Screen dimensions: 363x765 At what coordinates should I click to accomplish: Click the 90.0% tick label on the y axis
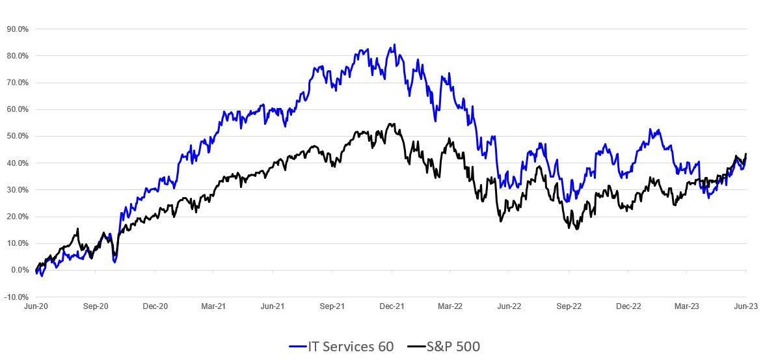tap(18, 29)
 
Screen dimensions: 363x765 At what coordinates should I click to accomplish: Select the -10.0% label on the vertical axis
tap(17, 297)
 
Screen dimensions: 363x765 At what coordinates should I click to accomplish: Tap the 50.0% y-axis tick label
tap(18, 137)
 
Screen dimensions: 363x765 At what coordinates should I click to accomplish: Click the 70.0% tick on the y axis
tap(18, 83)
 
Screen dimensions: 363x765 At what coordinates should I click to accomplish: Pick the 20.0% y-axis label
tap(18, 217)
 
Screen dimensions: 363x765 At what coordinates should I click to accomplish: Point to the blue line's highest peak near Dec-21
tap(394, 45)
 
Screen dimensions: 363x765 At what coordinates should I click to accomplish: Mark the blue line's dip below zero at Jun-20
tap(42, 276)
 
